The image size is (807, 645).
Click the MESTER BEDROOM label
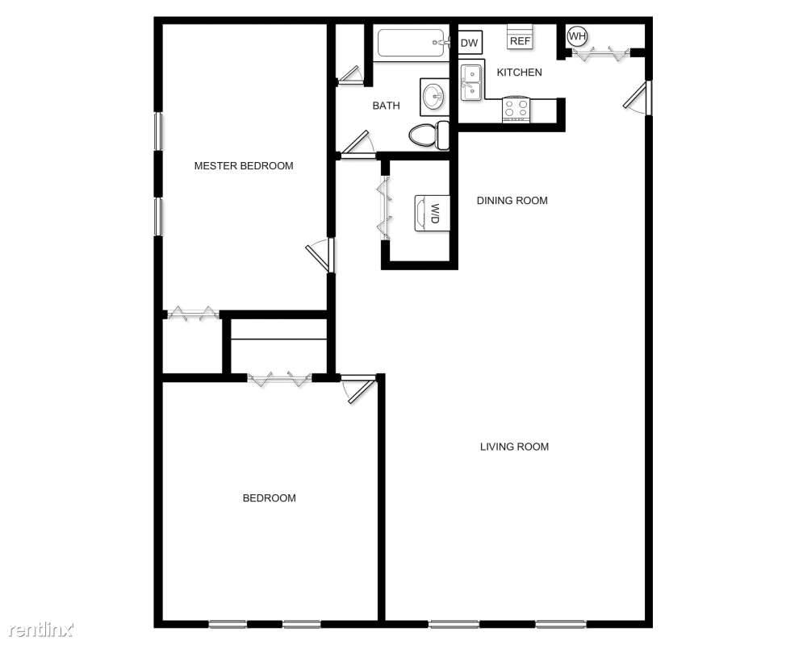(244, 165)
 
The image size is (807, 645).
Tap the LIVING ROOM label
(514, 447)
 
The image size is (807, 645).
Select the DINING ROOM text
(512, 201)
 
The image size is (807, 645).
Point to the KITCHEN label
(519, 73)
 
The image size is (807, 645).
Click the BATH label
(386, 106)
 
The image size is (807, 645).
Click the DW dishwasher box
(470, 43)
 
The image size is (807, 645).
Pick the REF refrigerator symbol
(520, 37)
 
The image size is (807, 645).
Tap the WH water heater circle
(577, 36)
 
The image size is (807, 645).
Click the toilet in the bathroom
(429, 135)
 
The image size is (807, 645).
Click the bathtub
(411, 44)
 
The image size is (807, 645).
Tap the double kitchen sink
(471, 82)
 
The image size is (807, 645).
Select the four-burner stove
(516, 109)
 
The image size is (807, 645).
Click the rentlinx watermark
(42, 629)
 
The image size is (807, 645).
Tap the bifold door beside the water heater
(600, 52)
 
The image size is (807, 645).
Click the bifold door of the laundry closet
(384, 208)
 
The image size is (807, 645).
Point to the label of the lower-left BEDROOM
(270, 498)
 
